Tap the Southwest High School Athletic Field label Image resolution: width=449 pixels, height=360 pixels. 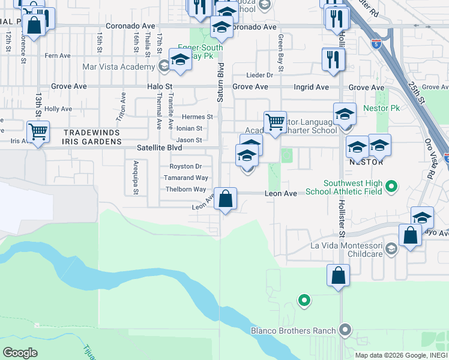coord(344,188)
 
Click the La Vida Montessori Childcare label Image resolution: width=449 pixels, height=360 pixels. coord(346,250)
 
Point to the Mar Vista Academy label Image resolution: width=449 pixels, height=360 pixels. coord(119,67)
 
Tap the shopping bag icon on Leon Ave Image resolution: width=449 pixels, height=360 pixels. coord(225,199)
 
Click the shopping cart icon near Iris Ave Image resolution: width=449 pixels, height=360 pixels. coord(38,131)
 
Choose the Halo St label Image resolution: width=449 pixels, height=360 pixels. coord(160,87)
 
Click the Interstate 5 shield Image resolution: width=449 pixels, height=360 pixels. coord(376,44)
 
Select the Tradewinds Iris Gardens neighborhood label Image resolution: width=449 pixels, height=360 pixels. coord(92,137)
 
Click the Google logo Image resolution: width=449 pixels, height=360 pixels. coord(20,352)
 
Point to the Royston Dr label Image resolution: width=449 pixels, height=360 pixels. coord(185,166)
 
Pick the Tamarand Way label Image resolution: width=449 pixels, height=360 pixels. coord(186,178)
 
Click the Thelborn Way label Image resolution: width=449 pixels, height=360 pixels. coord(186,190)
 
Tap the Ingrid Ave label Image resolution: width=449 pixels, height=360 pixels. coord(311,87)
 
